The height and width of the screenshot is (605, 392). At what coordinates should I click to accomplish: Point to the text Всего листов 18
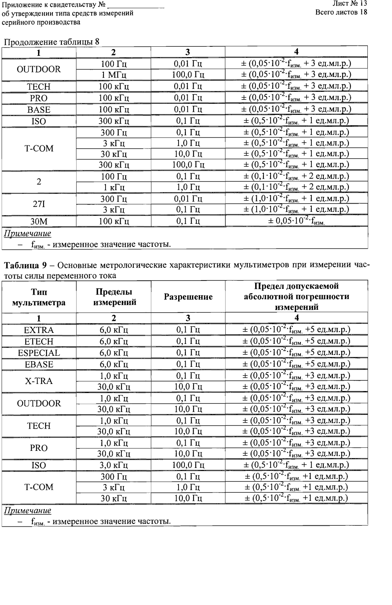point(341,12)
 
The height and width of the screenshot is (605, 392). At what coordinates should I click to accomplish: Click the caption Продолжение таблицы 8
point(51,42)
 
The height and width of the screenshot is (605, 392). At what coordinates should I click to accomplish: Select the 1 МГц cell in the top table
point(113,74)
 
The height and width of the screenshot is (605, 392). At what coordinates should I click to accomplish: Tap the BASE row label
point(39,110)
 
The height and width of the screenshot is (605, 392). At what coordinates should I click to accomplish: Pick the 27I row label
point(39,204)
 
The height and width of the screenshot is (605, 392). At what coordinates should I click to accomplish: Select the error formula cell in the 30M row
point(296,221)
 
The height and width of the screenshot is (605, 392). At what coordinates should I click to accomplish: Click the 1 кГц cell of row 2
point(113,187)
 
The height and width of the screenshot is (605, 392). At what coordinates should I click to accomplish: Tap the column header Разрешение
point(188,297)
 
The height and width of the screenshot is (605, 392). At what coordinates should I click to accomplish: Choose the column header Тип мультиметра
point(39,297)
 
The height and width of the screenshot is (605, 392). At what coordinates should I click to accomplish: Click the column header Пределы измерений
point(113,297)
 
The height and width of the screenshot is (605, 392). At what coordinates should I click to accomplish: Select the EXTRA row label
point(39,330)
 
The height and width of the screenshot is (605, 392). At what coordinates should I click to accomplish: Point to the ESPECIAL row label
point(39,353)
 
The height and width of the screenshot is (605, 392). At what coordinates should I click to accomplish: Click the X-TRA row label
point(39,381)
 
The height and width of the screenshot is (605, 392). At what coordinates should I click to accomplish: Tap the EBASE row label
point(39,365)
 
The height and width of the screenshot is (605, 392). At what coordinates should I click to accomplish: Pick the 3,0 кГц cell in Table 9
point(113,465)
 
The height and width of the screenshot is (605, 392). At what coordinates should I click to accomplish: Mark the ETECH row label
point(39,342)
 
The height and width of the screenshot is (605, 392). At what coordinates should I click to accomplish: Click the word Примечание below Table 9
point(27,511)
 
